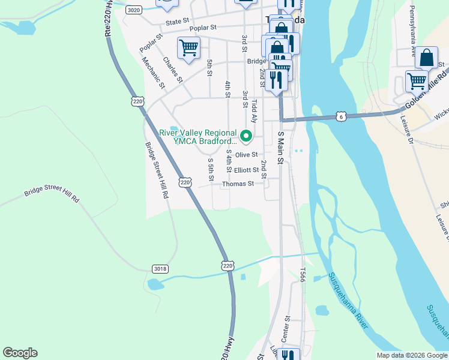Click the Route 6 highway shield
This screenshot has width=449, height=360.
[341, 115]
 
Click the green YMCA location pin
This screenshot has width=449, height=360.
[246, 134]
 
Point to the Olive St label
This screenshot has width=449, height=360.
[246, 155]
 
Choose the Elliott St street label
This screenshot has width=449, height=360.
[246, 170]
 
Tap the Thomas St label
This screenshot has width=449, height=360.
[238, 184]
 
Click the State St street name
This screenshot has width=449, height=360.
[177, 21]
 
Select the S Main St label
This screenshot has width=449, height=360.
[280, 148]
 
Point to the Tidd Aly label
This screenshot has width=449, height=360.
[254, 111]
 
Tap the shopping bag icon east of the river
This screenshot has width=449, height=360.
[426, 58]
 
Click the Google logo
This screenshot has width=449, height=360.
[20, 353]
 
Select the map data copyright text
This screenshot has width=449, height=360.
[411, 355]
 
